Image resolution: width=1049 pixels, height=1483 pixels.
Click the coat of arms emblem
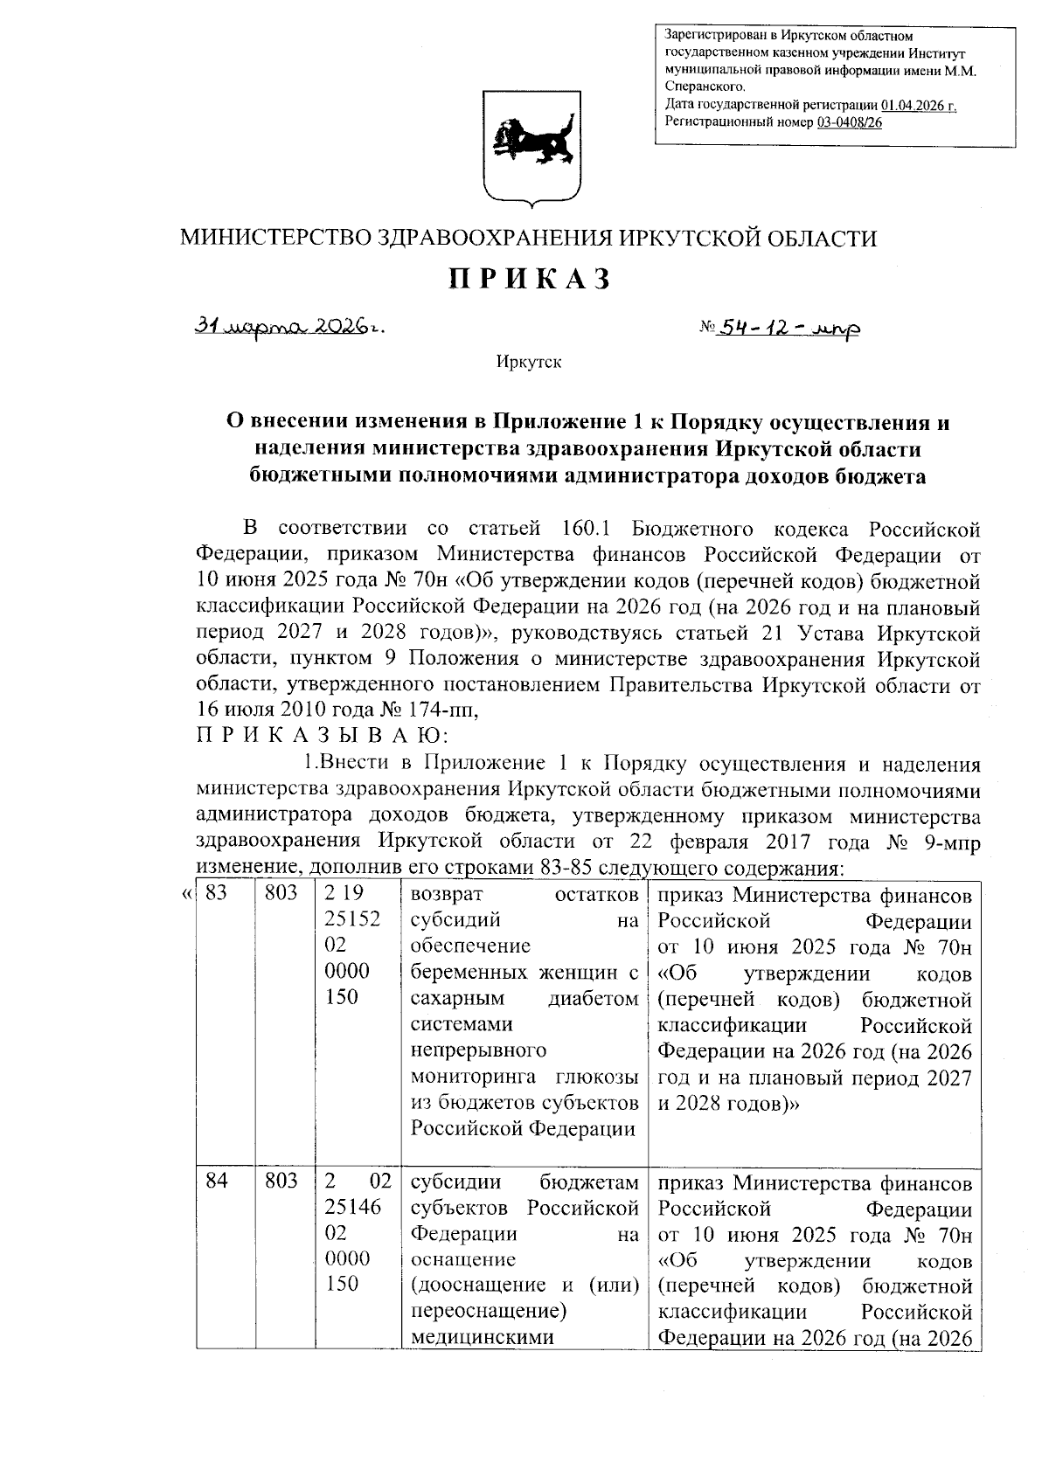530,149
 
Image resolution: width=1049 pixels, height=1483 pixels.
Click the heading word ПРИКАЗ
528,279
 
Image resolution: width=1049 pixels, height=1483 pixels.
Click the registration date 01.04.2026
918,105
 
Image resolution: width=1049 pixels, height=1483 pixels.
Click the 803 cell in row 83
281,894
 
